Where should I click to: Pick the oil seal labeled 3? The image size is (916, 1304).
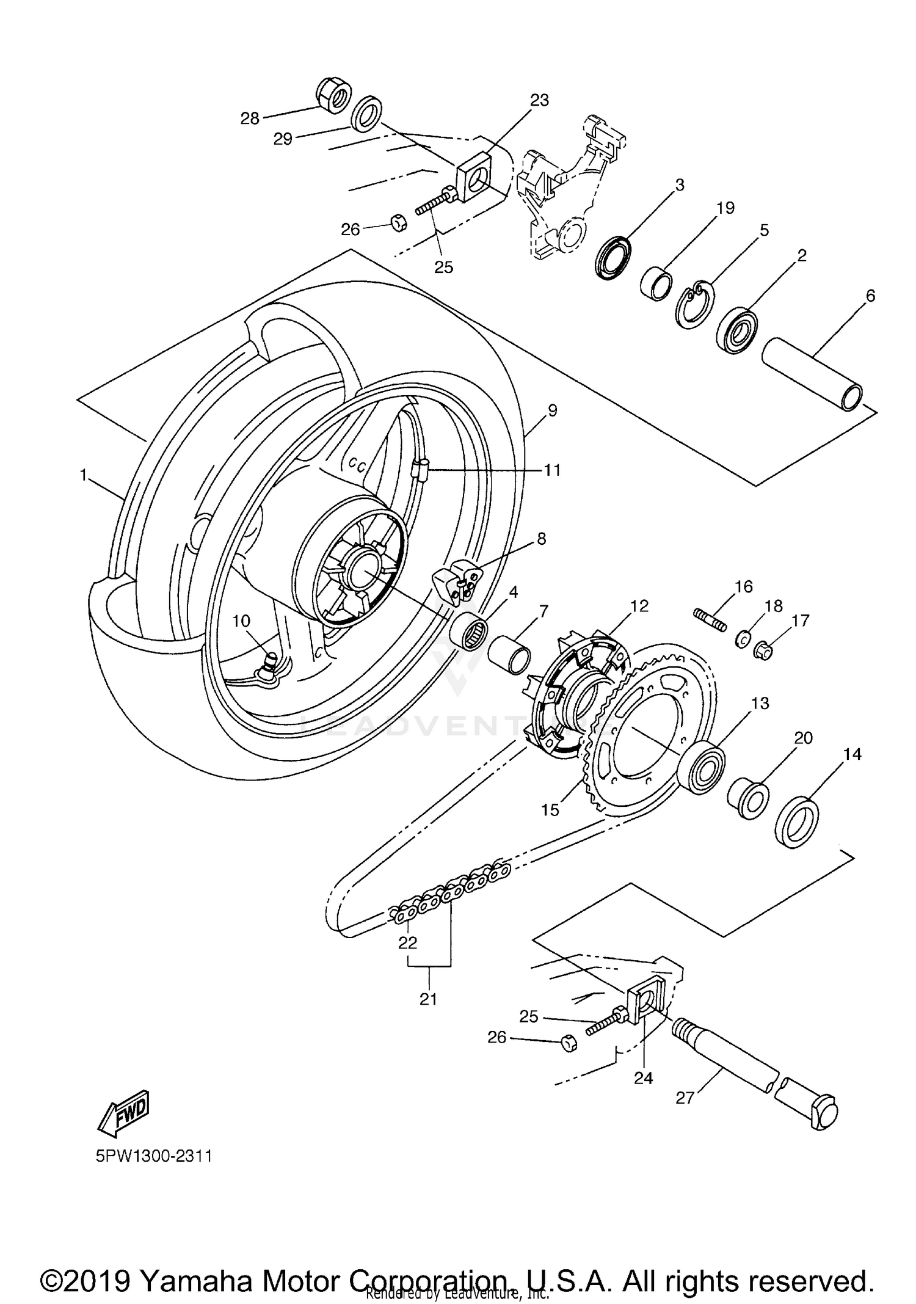pyautogui.click(x=612, y=259)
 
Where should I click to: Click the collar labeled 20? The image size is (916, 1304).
pyautogui.click(x=749, y=798)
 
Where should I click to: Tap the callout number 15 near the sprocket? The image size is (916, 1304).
pyautogui.click(x=550, y=810)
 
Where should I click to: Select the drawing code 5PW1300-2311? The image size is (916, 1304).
pyautogui.click(x=154, y=1156)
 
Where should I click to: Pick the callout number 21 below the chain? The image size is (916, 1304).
pyautogui.click(x=429, y=999)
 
